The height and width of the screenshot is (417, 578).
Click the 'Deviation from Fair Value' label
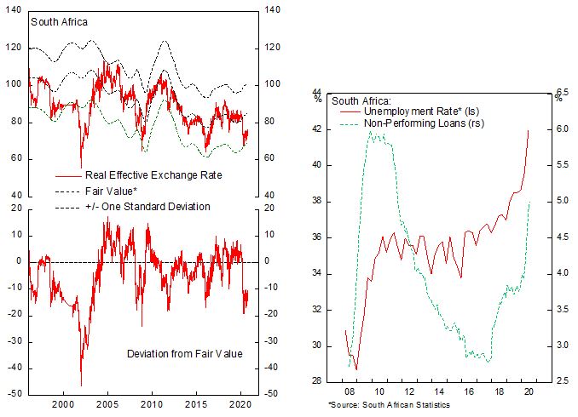point(183,353)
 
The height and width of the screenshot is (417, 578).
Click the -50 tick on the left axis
point(16,395)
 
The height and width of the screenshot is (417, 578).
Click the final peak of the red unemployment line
point(529,130)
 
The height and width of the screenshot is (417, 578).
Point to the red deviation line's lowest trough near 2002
point(81,386)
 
